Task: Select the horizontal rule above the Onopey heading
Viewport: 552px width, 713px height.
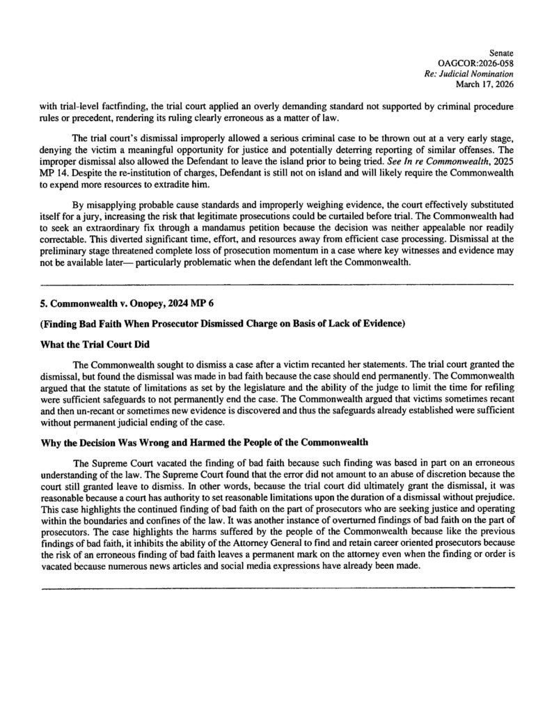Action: pos(278,284)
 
